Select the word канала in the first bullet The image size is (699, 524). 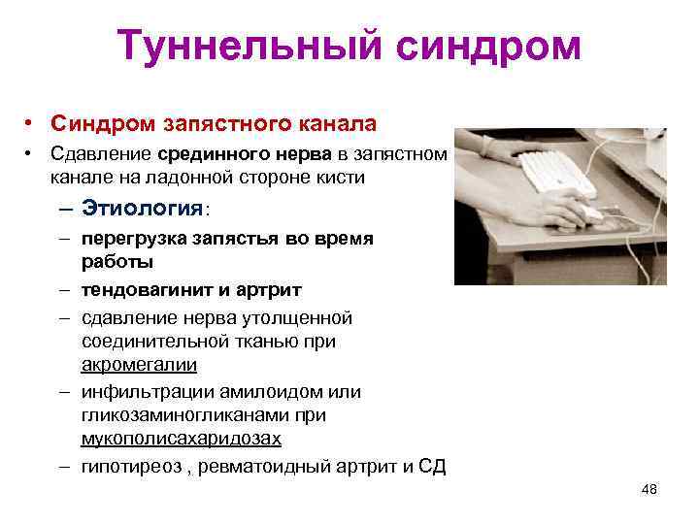point(336,124)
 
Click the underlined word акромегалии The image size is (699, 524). point(139,365)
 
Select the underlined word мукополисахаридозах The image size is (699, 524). point(181,438)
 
